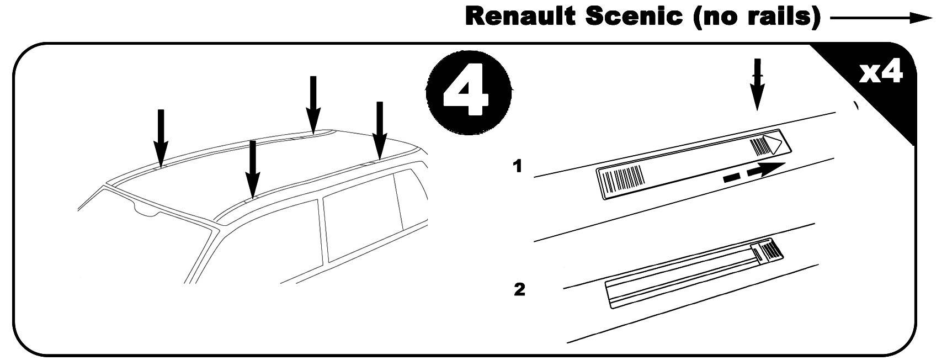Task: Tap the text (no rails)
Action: click(755, 17)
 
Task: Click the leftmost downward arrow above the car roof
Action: click(161, 135)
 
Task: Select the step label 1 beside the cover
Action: click(517, 166)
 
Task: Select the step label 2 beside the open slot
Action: click(519, 289)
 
